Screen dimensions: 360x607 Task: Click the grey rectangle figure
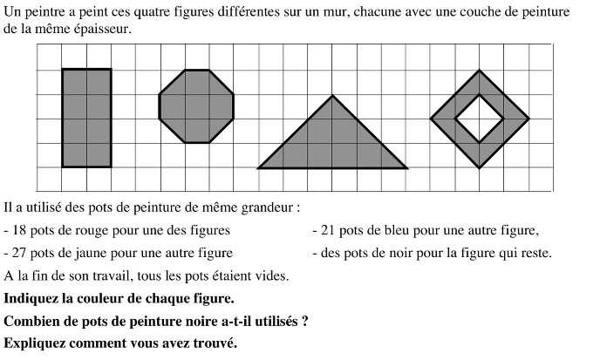tap(86, 118)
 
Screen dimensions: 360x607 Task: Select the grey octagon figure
tap(196, 106)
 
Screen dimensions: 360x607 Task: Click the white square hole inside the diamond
tap(479, 118)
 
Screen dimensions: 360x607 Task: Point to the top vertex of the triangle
tap(333, 95)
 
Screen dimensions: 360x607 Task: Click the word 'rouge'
tap(92, 231)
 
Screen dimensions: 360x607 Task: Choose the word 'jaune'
tap(92, 254)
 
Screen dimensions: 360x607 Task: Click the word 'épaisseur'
tap(104, 31)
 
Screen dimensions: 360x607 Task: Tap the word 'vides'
tap(270, 276)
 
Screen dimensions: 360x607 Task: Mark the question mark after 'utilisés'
tap(303, 321)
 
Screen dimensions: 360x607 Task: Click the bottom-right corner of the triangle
tap(406, 167)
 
